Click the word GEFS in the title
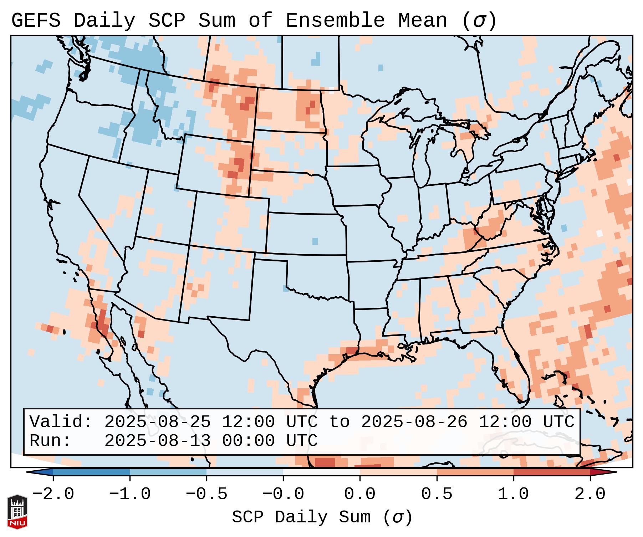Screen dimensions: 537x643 [x=36, y=20]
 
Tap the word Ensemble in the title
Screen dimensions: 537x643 [x=335, y=20]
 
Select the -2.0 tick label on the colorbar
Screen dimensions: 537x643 [x=53, y=494]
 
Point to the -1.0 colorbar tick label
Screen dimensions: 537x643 [x=130, y=494]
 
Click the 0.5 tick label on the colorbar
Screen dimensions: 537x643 [x=437, y=494]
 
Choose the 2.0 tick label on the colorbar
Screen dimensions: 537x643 [x=590, y=494]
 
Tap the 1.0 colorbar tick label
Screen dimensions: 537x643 [x=513, y=494]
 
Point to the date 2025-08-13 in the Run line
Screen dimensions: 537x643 [x=157, y=441]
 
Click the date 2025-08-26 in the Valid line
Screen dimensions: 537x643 [x=414, y=422]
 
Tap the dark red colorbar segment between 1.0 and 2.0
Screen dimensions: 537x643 [x=552, y=472]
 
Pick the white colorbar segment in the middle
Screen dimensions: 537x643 [x=321, y=472]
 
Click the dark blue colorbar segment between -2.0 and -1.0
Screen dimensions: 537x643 [x=91, y=472]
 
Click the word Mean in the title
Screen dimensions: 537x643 [x=422, y=20]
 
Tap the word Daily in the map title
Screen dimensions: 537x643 [x=104, y=20]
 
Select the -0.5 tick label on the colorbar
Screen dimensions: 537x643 [x=206, y=494]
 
